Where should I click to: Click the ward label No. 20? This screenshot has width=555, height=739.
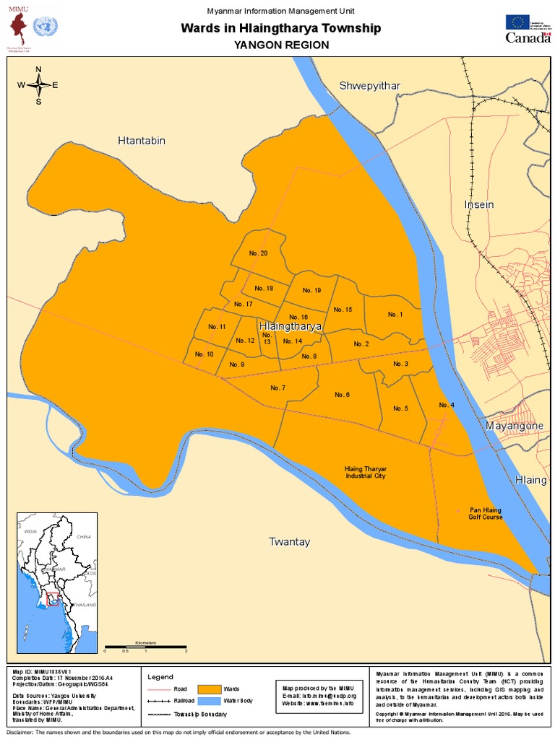click(258, 253)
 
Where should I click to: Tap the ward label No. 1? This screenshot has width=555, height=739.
click(395, 314)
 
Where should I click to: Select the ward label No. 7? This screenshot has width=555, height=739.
click(278, 388)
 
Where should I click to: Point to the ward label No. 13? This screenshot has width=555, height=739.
click(267, 338)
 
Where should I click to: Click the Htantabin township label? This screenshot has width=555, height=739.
click(142, 141)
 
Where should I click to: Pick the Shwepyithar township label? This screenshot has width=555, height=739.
click(370, 86)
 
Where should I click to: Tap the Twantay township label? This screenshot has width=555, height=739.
click(289, 541)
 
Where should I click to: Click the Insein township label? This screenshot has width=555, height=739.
click(478, 204)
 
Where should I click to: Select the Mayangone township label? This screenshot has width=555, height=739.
click(514, 426)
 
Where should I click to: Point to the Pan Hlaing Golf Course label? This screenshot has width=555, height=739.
click(485, 514)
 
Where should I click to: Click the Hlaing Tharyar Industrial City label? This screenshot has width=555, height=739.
click(365, 473)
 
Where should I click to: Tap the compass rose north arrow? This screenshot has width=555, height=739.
click(38, 75)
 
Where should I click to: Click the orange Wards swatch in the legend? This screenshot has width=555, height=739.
click(210, 688)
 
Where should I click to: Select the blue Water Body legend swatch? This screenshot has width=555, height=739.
click(210, 701)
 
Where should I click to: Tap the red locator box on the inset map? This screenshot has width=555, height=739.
click(53, 598)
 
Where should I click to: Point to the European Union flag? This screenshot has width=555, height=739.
click(517, 21)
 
